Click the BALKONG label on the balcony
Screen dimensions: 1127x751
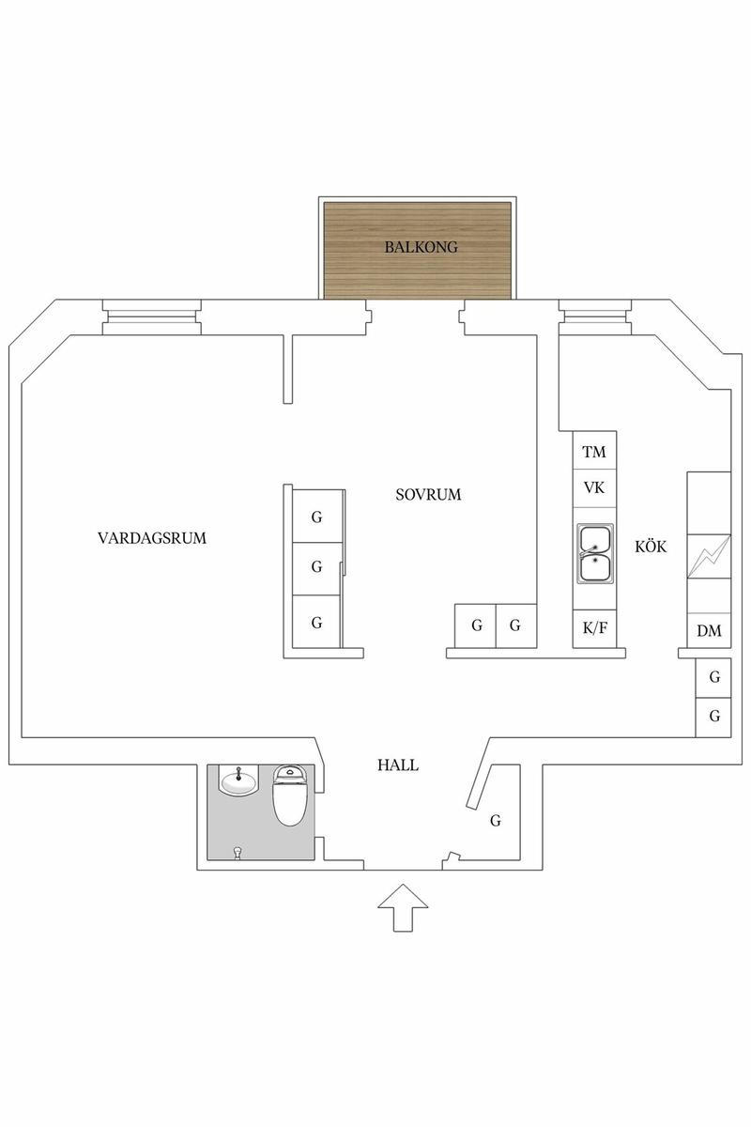point(420,248)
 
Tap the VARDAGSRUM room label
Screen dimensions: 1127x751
point(151,539)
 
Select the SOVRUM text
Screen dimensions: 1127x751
point(428,494)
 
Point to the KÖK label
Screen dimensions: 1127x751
point(651,546)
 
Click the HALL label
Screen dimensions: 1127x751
point(398,765)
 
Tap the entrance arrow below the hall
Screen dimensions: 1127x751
point(403,906)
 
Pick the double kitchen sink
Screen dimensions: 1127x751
point(594,554)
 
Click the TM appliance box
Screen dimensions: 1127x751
point(594,453)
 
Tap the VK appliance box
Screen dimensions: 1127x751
point(594,488)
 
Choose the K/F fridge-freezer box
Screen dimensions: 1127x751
point(594,628)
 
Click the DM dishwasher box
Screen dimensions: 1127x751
point(709,630)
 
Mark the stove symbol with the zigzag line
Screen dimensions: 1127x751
point(709,557)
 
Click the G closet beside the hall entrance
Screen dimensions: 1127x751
point(495,821)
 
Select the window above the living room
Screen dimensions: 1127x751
point(151,316)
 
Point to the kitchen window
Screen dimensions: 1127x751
point(594,316)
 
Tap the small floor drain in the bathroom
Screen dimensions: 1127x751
point(238,851)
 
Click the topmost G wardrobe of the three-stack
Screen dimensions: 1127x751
point(316,516)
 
